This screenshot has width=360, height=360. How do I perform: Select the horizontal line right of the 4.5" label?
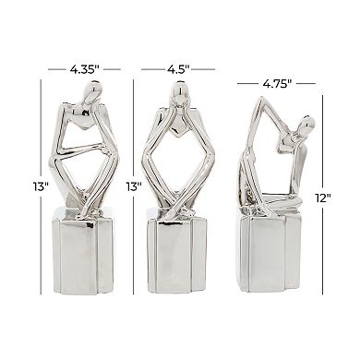click(x=210, y=66)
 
